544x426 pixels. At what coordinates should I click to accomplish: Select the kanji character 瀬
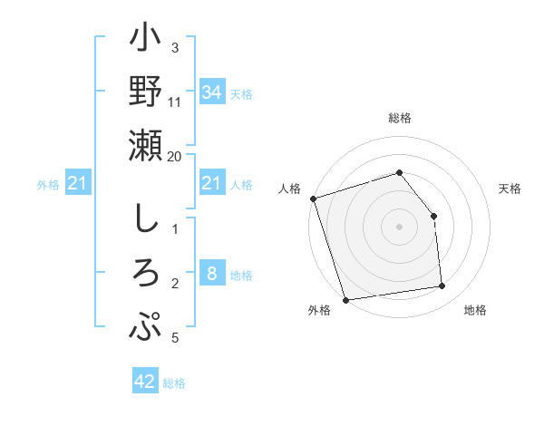click(x=146, y=146)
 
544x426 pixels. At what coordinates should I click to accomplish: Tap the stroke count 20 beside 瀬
click(x=175, y=156)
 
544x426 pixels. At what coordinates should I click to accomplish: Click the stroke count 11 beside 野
click(x=175, y=103)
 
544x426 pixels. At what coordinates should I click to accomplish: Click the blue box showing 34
click(x=211, y=92)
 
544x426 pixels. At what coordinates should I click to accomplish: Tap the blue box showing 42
click(x=145, y=382)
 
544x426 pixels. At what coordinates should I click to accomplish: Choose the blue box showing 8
click(x=211, y=274)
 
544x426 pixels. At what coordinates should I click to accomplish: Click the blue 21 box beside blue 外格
click(x=78, y=184)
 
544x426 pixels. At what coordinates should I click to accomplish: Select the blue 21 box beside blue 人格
click(x=211, y=184)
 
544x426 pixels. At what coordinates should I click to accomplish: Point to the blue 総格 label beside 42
click(x=174, y=383)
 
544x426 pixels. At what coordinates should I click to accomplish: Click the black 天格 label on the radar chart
click(x=510, y=189)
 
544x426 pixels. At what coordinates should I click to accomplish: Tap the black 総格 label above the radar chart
click(x=399, y=118)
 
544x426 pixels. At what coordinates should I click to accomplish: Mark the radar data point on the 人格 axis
click(x=313, y=198)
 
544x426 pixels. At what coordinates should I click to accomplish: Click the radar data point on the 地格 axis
click(x=442, y=286)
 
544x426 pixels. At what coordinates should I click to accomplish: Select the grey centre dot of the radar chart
click(x=399, y=226)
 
